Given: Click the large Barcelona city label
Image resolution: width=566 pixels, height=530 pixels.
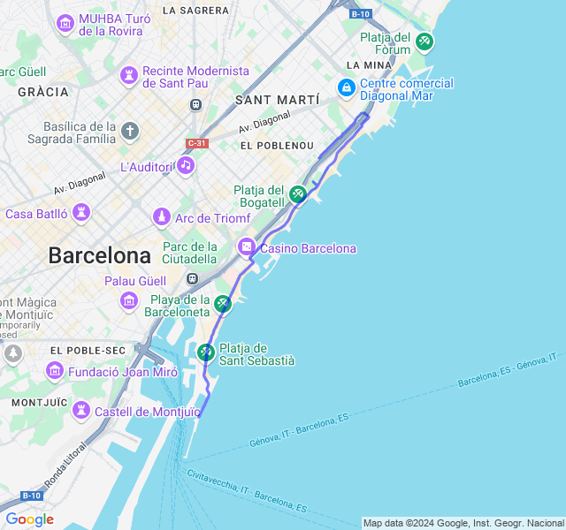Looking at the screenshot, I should pyautogui.click(x=99, y=256).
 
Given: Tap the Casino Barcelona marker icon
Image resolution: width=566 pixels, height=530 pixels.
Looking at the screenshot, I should pyautogui.click(x=247, y=248).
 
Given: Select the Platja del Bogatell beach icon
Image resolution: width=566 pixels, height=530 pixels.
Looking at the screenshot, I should pyautogui.click(x=298, y=193).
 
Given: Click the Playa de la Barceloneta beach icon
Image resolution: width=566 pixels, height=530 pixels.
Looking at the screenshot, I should pyautogui.click(x=223, y=305).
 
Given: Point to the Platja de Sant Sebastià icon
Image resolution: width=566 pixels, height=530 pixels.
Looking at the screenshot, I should pyautogui.click(x=206, y=352).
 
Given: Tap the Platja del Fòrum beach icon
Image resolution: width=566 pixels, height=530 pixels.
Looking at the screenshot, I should pyautogui.click(x=424, y=41).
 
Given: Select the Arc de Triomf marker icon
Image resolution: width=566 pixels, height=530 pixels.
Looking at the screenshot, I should pyautogui.click(x=161, y=216).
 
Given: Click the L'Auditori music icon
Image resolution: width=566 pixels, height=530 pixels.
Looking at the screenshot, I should pyautogui.click(x=185, y=165).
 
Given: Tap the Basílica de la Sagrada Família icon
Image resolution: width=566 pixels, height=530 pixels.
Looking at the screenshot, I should pyautogui.click(x=130, y=132).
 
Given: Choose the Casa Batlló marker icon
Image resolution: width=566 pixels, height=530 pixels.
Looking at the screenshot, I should pyautogui.click(x=81, y=213).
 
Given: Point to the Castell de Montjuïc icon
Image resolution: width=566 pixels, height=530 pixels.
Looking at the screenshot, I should pyautogui.click(x=81, y=411).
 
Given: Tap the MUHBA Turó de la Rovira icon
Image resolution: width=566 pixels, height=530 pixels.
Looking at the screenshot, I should pyautogui.click(x=65, y=23).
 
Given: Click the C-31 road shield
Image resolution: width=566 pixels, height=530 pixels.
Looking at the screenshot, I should pyautogui.click(x=197, y=143).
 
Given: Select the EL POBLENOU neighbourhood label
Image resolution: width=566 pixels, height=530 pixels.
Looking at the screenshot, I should pyautogui.click(x=277, y=145).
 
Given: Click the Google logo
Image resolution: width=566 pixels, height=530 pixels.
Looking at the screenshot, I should pyautogui.click(x=29, y=519).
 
